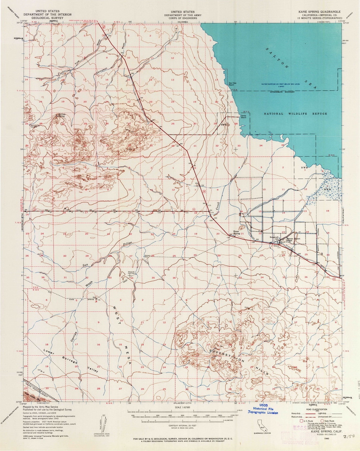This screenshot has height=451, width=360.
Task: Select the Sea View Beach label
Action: pos(231,84)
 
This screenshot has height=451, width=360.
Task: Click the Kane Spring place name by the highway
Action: pos(236,232)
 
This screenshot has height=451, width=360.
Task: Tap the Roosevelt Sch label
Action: pos(275,237)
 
